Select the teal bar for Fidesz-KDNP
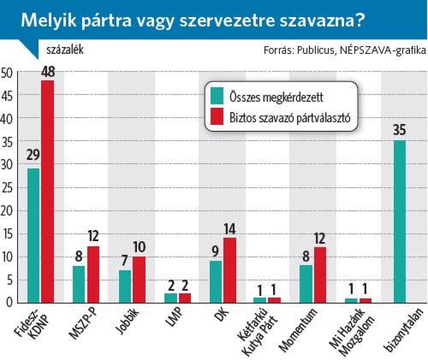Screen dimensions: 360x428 [33, 236]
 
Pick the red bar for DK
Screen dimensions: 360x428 [229, 270]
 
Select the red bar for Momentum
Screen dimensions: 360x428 [320, 275]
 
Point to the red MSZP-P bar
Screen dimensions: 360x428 [93, 274]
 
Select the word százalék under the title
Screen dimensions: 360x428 [65, 50]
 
